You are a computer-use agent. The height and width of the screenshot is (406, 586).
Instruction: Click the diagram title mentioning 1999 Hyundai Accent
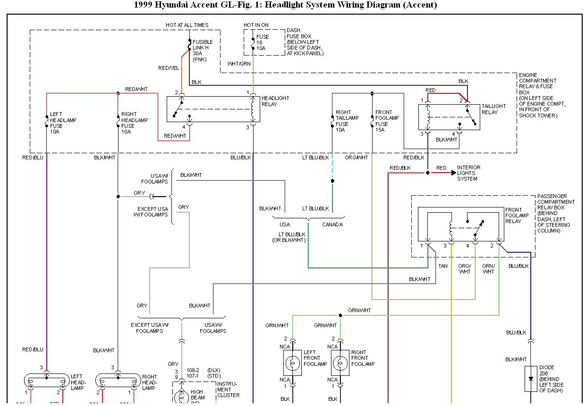286,5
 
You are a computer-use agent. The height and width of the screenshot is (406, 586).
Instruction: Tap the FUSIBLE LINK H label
203,50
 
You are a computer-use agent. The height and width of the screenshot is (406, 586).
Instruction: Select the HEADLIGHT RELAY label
276,101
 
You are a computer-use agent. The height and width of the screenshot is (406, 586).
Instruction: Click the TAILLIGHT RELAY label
493,109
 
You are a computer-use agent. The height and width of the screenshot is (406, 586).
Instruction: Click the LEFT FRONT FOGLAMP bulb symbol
292,363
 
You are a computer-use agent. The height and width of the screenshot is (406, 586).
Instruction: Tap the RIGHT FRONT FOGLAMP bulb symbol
340,363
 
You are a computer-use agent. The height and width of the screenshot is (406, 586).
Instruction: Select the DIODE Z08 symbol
530,379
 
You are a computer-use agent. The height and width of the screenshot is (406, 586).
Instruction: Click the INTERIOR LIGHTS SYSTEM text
468,173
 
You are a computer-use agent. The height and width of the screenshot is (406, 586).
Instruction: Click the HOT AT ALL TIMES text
187,25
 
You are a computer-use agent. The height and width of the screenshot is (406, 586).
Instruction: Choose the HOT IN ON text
256,25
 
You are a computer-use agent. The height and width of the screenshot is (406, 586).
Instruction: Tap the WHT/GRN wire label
239,63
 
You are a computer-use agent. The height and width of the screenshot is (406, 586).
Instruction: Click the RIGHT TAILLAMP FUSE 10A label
347,121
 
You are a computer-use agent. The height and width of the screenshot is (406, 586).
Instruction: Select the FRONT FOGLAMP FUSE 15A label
387,121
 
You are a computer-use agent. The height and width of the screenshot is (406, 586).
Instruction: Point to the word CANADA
332,224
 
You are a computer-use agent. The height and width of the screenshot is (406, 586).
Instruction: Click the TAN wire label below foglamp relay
443,266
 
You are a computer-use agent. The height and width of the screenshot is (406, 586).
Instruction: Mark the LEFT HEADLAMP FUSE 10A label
63,123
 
